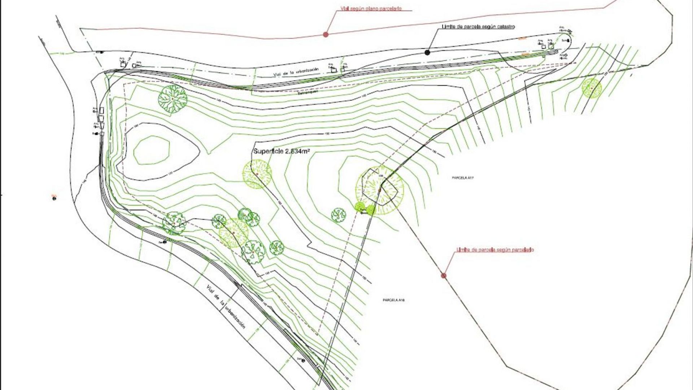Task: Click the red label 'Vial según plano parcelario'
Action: (x=371, y=8)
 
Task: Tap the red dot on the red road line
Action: (x=326, y=34)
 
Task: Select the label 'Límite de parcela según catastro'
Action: (x=478, y=27)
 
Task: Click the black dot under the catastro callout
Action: (x=427, y=52)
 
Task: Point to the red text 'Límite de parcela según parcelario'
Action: (x=495, y=250)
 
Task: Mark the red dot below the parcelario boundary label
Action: (x=444, y=276)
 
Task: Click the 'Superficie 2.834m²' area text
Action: (x=282, y=152)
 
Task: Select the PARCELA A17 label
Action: (x=462, y=178)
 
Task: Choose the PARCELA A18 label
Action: (x=393, y=300)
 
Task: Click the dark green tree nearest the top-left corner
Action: (x=173, y=98)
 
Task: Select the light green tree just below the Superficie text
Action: (x=257, y=174)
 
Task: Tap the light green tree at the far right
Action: (x=591, y=88)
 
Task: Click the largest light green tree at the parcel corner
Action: (x=380, y=190)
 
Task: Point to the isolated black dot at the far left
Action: (x=55, y=198)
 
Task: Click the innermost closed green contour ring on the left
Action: (x=152, y=150)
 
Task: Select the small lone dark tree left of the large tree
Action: (x=339, y=215)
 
